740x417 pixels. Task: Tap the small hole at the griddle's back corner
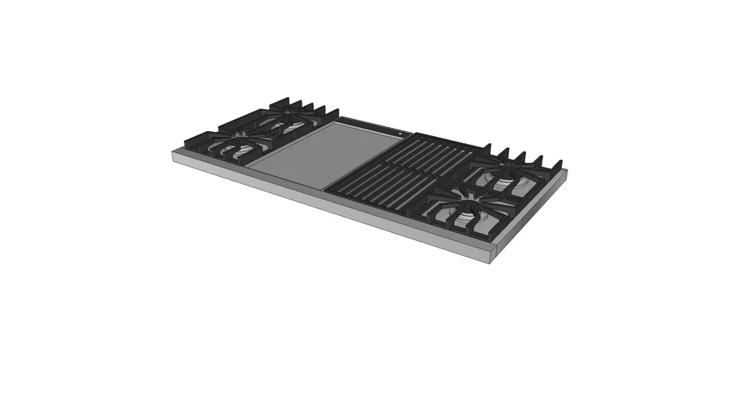[x=401, y=130]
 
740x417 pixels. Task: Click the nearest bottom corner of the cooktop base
[x=491, y=261]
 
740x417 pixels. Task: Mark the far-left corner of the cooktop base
[x=172, y=151]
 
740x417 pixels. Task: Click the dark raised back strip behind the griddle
[x=370, y=124]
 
